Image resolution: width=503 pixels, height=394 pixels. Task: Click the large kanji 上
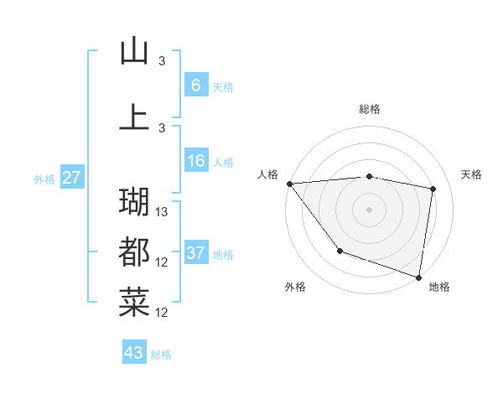point(134,116)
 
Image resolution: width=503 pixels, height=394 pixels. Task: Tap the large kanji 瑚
point(134,201)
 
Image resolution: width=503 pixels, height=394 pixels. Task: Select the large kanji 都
point(134,251)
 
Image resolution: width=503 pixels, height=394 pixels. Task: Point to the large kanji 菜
point(134,302)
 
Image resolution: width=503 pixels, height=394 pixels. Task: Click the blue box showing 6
point(195,85)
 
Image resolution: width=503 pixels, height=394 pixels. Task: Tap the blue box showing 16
point(195,161)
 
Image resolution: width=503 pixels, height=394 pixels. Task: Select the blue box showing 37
point(195,253)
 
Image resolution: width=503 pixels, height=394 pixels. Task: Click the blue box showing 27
point(71,178)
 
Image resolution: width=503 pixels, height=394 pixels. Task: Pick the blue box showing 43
point(134,353)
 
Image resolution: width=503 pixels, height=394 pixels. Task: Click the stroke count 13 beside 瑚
point(163,212)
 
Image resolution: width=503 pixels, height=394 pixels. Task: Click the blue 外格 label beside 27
point(44,179)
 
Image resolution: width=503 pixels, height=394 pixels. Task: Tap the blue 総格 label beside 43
point(161,355)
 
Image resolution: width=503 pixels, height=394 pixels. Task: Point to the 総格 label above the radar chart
point(369,110)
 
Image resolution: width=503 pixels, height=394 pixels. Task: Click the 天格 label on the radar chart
point(472,174)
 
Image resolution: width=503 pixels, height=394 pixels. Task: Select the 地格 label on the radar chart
point(439,288)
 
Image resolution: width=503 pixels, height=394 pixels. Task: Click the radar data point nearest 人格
point(289,184)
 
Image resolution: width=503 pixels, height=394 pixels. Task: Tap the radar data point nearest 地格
point(418,276)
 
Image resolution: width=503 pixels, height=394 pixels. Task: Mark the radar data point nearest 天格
point(433,189)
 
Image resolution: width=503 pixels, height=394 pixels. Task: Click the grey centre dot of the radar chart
point(369,209)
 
